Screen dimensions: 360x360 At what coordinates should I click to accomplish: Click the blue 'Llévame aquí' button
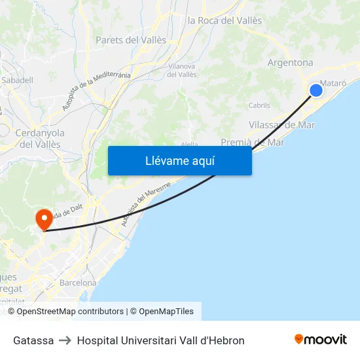tap(179, 160)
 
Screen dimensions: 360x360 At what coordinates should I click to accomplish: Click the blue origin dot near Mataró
tap(316, 90)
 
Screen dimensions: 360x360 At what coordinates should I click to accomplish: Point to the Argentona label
tap(290, 63)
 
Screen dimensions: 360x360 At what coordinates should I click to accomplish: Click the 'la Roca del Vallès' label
tap(225, 20)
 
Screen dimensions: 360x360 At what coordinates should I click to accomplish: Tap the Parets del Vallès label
tap(126, 40)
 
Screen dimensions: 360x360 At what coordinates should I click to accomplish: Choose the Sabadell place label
tap(18, 80)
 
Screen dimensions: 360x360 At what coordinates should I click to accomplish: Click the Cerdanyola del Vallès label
tap(39, 138)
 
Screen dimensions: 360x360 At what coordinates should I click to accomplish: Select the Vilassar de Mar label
tap(282, 124)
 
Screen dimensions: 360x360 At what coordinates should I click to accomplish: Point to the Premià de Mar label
tap(253, 142)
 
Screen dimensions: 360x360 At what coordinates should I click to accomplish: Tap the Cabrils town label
tap(259, 105)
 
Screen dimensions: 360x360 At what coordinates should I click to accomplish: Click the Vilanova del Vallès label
tap(182, 70)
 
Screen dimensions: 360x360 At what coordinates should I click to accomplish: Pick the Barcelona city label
tap(78, 283)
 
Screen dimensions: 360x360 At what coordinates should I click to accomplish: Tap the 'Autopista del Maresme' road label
tap(145, 204)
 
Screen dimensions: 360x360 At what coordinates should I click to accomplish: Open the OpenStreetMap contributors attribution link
tap(70, 312)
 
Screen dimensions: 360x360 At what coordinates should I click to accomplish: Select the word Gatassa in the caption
tap(33, 340)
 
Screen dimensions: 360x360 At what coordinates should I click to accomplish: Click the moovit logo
tap(321, 340)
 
